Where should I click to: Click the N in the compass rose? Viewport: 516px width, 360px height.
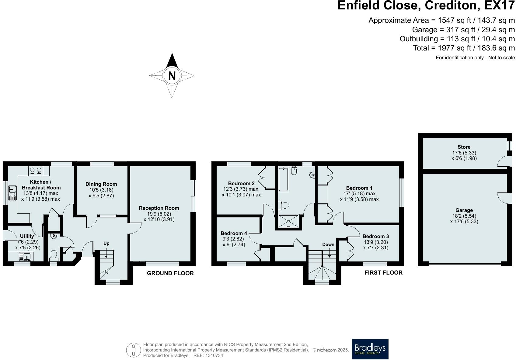pos(172,75)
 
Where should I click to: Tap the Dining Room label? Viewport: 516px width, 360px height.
pos(101,184)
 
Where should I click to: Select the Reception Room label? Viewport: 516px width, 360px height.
pos(159,208)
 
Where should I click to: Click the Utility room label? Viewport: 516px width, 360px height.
pos(27,236)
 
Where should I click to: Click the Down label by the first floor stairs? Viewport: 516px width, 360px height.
pos(328,244)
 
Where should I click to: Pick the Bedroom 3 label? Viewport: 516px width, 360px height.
pos(375,236)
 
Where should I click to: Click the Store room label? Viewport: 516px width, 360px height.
pos(464,147)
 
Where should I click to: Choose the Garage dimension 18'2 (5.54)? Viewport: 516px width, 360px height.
pos(464,216)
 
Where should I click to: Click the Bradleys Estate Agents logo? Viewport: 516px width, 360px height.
pos(370,349)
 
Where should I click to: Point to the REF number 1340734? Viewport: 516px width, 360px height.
pos(214,355)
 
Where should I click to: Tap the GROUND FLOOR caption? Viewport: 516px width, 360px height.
pos(170,273)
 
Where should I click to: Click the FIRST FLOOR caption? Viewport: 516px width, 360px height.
pos(383,273)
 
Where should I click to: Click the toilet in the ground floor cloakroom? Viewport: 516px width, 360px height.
pos(54,255)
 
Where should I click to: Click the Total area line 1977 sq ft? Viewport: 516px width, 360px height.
pos(464,48)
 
